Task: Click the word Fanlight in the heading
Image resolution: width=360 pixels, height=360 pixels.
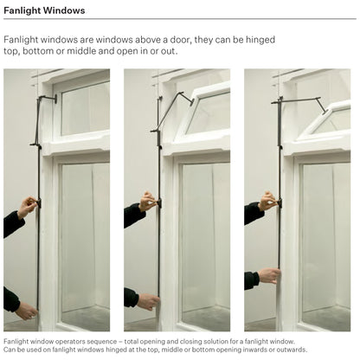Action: tap(22, 10)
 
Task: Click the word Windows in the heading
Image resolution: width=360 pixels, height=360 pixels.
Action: tap(64, 10)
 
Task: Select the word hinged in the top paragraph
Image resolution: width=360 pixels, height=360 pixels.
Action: tap(260, 40)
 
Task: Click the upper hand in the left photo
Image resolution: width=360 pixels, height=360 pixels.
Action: tap(28, 207)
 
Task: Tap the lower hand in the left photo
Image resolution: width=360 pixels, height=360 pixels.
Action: tap(27, 311)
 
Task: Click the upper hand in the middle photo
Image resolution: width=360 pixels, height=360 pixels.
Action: tap(148, 202)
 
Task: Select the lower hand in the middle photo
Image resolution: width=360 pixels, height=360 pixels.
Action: tap(148, 301)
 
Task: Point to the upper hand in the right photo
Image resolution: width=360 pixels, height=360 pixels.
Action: tap(268, 201)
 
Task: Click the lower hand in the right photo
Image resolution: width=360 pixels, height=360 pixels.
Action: tap(269, 276)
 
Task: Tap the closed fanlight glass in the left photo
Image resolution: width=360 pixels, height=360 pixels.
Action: tap(86, 109)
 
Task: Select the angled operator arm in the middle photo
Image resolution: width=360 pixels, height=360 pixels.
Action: tap(172, 111)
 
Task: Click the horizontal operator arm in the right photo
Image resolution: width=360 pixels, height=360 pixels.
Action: tap(296, 100)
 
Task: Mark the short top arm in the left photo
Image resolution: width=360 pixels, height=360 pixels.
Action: tap(48, 98)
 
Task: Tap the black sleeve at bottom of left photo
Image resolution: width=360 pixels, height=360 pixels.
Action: tap(11, 300)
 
